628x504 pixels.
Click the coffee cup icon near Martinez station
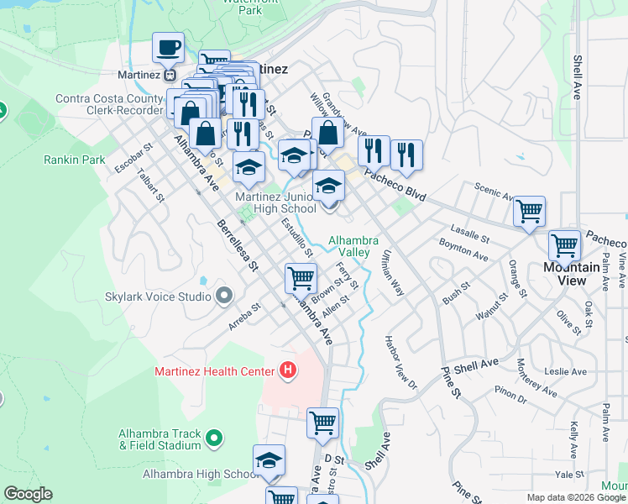[169, 48]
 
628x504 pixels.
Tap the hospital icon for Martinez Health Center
[288, 370]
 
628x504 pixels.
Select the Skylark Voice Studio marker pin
[223, 296]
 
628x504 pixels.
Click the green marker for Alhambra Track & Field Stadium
[214, 438]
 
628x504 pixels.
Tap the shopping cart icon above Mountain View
[564, 246]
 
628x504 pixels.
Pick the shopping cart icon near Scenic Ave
[529, 212]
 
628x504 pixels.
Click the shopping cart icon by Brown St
[301, 278]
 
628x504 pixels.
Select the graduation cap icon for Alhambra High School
[269, 460]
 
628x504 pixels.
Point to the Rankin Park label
[75, 160]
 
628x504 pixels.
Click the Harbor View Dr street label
[400, 364]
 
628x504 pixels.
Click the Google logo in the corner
[28, 494]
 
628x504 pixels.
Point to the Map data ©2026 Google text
[576, 497]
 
